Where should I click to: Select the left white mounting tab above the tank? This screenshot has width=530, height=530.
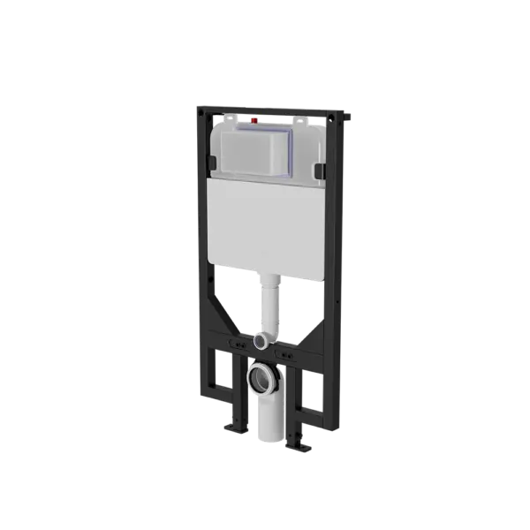tap(229, 118)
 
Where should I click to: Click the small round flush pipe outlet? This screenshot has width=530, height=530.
tap(261, 339)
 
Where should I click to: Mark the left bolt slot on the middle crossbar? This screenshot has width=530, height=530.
tap(233, 337)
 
